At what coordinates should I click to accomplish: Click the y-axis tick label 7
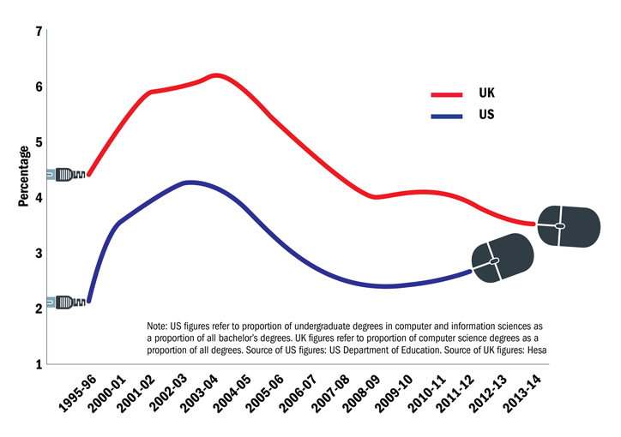[39, 32]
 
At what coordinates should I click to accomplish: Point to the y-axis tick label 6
[39, 87]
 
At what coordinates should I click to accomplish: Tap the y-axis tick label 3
[39, 253]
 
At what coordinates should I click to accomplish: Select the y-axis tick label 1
[39, 363]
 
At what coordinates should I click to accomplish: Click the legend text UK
[486, 93]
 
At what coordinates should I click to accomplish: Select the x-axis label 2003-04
[197, 395]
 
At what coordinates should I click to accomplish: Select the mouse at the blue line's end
[503, 259]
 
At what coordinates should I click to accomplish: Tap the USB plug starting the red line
[67, 175]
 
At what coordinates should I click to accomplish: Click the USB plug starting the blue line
[67, 302]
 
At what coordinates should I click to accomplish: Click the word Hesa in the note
[537, 350]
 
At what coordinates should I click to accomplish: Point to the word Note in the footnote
[159, 327]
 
